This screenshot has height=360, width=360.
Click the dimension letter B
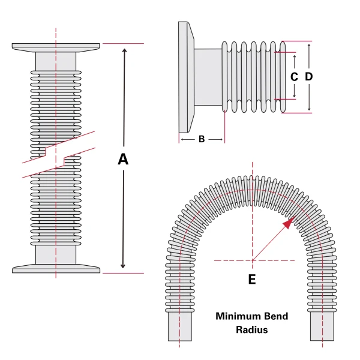pos(202,139)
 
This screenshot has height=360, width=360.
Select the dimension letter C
pos(294,77)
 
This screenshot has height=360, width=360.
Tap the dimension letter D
pos(309,77)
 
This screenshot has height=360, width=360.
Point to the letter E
pos(252,280)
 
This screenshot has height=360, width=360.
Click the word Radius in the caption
pos(252,330)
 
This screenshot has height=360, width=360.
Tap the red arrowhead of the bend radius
pos(289,223)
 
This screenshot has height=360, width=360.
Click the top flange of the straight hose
pos(56,47)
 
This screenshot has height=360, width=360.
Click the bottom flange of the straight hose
pos(56,268)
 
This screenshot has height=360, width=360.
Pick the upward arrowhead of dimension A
pos(124,51)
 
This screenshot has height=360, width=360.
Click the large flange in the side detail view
pos(185,77)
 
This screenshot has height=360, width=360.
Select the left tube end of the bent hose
pos(179,329)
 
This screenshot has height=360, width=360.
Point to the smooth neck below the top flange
pos(56,61)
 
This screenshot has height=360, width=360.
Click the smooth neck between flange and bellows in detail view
pos(208,77)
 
